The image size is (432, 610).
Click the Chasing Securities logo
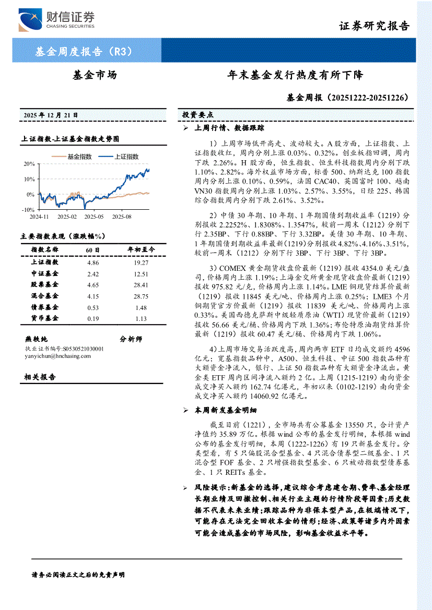(56, 20)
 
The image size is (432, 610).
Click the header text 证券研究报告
(374, 26)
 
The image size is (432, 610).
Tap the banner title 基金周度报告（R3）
(83, 52)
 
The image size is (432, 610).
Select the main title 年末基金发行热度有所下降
(295, 76)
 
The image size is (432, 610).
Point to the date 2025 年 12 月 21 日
(51, 114)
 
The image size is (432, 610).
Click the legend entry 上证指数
(122, 156)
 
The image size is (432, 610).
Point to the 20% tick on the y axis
(29, 164)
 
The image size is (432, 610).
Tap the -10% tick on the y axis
(28, 209)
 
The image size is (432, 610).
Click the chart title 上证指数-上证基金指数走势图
(70, 139)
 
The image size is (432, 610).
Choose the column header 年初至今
(141, 250)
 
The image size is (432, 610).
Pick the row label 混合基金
(45, 296)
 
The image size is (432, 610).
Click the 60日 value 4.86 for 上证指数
(93, 262)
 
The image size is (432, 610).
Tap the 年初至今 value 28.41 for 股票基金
(141, 285)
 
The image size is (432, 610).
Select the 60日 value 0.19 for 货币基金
(93, 318)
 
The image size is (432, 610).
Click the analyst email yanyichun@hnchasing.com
(57, 356)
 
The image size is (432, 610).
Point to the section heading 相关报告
(40, 377)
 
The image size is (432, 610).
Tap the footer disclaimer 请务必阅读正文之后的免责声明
(78, 575)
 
